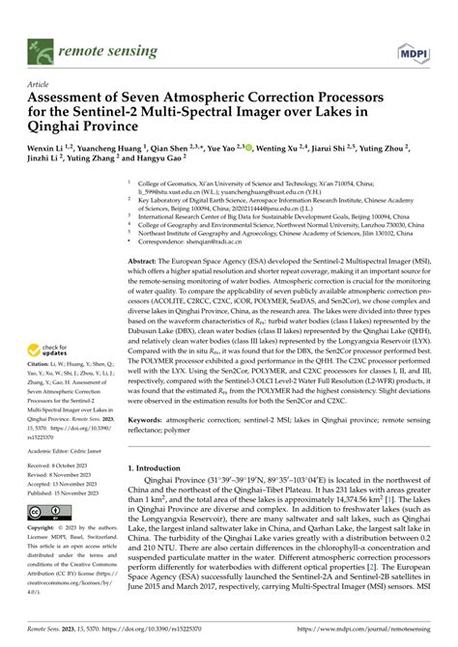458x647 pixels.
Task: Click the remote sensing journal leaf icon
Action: [42, 45]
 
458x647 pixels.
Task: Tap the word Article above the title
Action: [44, 84]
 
